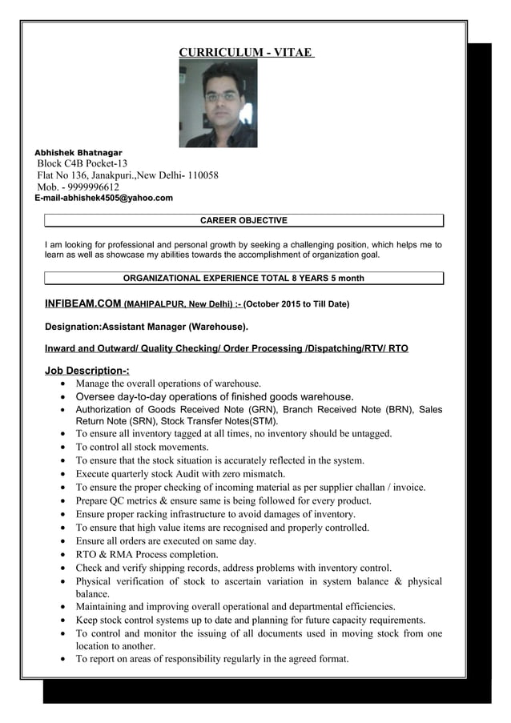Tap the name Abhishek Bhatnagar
[x=78, y=151]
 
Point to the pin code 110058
[x=201, y=175]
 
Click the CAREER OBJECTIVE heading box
[x=243, y=220]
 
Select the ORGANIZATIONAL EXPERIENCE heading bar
[x=243, y=279]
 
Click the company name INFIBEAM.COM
[x=83, y=304]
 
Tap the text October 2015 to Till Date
[x=296, y=304]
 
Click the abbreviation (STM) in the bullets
[x=263, y=421]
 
